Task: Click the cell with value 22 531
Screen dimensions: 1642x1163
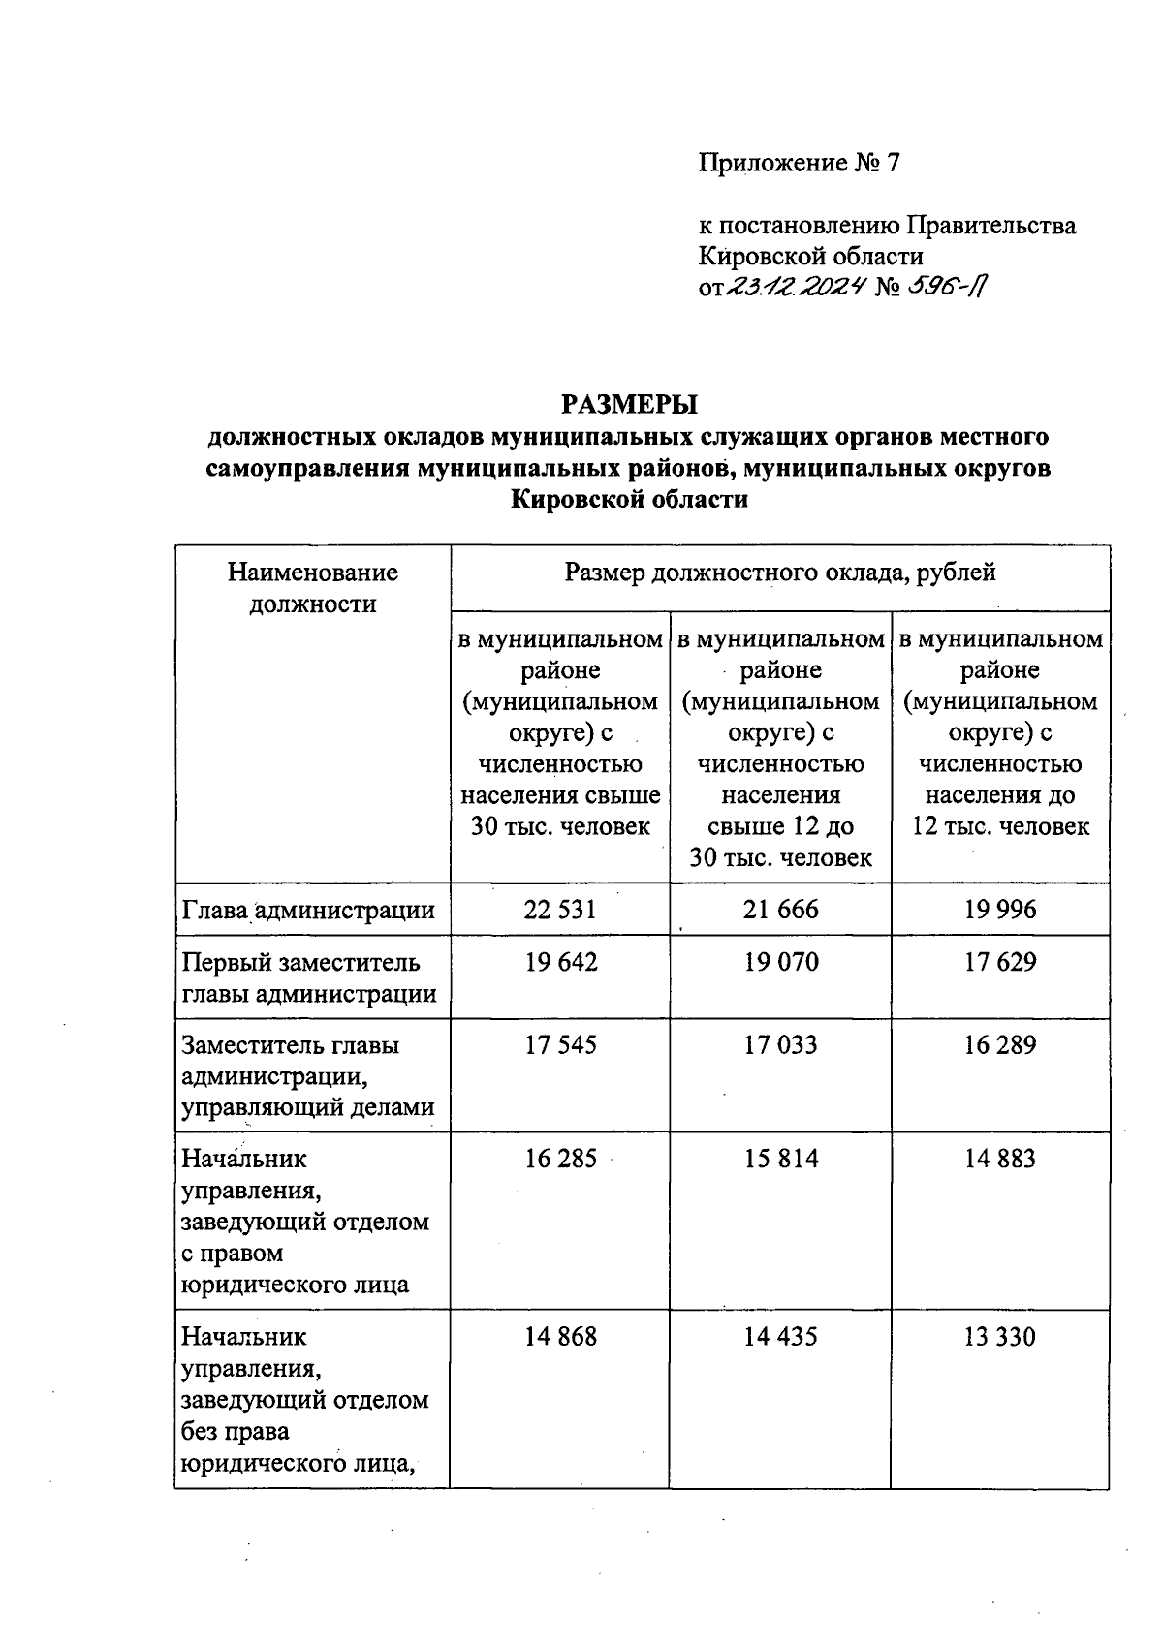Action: click(x=560, y=910)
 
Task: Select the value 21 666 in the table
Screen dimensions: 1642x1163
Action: click(x=780, y=910)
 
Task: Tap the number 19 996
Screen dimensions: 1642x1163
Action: click(x=1000, y=910)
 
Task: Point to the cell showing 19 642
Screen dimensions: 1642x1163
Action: click(x=560, y=962)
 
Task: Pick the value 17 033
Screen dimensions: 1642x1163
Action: click(x=780, y=1045)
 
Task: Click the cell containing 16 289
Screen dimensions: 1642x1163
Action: click(x=1000, y=1045)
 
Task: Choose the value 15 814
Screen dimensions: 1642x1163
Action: click(x=780, y=1159)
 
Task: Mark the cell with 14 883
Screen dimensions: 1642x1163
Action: click(x=1000, y=1159)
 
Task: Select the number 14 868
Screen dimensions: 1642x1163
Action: click(x=560, y=1337)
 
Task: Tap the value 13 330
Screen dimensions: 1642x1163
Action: click(x=1000, y=1337)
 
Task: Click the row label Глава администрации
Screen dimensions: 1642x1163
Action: click(x=308, y=910)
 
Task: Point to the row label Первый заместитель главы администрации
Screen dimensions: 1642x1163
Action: click(x=308, y=977)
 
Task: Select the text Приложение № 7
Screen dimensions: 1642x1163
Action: click(x=800, y=163)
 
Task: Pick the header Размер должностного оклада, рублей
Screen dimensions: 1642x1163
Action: click(x=780, y=573)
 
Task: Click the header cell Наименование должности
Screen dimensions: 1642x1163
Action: click(x=312, y=588)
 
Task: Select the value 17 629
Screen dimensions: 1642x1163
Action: click(x=1000, y=962)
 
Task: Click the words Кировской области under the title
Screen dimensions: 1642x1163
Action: click(x=629, y=500)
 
